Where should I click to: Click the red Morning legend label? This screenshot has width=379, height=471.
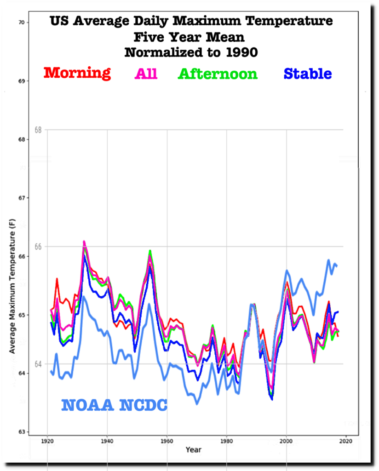coord(77,73)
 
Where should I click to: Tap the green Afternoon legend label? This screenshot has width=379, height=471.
coord(217,74)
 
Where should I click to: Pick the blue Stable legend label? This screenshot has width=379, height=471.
coord(308,74)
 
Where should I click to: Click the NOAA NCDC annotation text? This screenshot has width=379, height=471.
coord(114,405)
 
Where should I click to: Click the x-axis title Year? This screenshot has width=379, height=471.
coord(193,449)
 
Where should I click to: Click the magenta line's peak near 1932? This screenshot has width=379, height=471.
coord(84,241)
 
